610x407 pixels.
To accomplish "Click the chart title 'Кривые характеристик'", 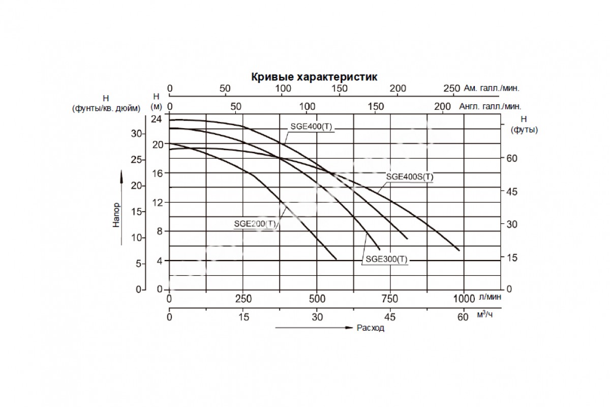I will point(314,77).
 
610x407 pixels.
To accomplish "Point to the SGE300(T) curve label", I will point(386,259).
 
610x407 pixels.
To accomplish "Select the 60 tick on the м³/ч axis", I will point(462,317).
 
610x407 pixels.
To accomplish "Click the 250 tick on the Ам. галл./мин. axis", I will point(451,88).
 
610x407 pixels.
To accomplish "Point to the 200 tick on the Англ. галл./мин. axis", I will point(443,106).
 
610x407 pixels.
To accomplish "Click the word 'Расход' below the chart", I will point(371,328).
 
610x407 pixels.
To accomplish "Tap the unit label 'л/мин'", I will point(490,298).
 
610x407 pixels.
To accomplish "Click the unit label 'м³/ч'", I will point(485,315).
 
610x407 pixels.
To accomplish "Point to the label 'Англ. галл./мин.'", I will point(490,106).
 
